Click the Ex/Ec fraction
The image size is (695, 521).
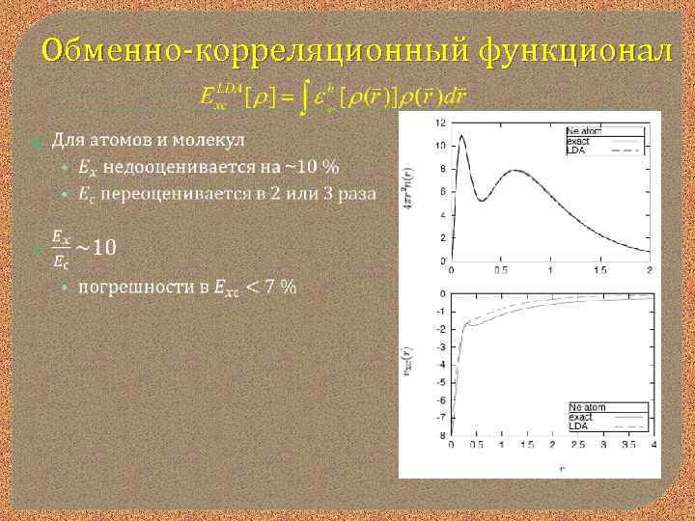[x=60, y=248]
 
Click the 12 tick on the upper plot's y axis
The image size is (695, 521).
[x=440, y=123]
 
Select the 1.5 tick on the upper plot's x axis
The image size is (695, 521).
[x=598, y=271]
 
